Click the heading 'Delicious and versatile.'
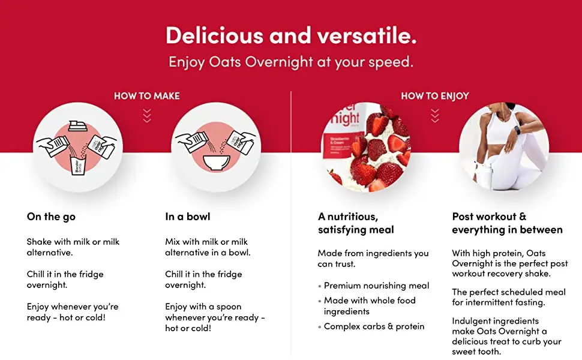[291, 35]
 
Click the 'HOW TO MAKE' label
[146, 96]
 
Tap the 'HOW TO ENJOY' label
[435, 96]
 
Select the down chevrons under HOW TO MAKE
[147, 115]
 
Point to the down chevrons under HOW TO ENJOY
[435, 115]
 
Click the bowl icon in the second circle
[217, 163]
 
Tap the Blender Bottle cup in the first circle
[78, 166]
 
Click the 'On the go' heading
[51, 217]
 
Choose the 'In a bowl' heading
[187, 217]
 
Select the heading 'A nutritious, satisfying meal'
[356, 223]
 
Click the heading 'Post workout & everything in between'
[507, 223]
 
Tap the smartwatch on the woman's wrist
[517, 131]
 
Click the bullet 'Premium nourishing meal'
[376, 286]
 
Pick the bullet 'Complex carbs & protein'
[374, 326]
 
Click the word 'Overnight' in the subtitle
[279, 62]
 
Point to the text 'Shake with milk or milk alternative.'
[73, 247]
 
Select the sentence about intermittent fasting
[509, 297]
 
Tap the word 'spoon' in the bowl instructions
[229, 307]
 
